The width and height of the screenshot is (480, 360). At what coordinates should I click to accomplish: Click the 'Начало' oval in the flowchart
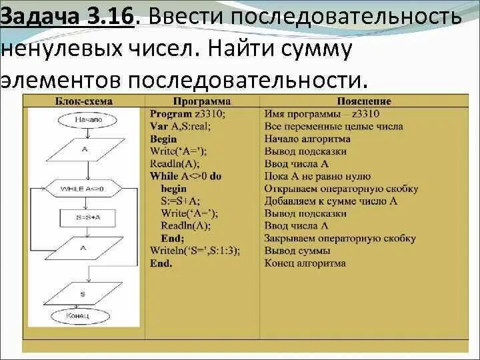pyautogui.click(x=87, y=119)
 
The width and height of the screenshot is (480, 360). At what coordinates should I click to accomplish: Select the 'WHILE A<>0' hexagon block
pyautogui.click(x=82, y=189)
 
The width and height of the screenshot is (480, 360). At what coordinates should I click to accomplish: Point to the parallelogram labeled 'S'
pyautogui.click(x=83, y=293)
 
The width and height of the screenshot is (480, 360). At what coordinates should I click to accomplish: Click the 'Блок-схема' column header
pyautogui.click(x=83, y=101)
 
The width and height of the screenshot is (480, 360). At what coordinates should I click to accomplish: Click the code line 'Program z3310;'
pyautogui.click(x=187, y=114)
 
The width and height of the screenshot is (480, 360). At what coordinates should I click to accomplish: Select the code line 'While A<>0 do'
pyautogui.click(x=185, y=176)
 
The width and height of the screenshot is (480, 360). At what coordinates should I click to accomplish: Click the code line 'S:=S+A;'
pyautogui.click(x=180, y=201)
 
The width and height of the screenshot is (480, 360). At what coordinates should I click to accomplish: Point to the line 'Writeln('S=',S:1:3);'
pyautogui.click(x=195, y=251)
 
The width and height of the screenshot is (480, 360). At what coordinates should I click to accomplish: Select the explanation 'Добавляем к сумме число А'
pyautogui.click(x=331, y=201)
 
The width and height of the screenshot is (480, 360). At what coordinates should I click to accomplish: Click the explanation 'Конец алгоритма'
pyautogui.click(x=305, y=263)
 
